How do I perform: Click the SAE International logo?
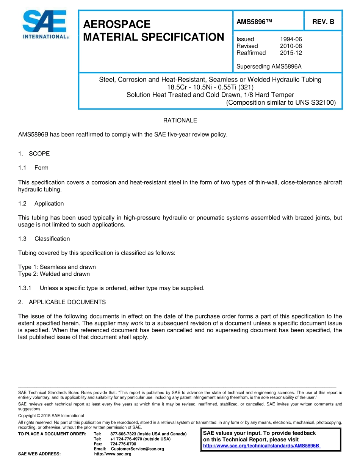click(x=45, y=25)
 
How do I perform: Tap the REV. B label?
click(x=323, y=22)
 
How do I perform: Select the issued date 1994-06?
click(x=291, y=39)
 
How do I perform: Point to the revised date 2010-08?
click(x=291, y=46)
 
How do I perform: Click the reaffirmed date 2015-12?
click(x=291, y=53)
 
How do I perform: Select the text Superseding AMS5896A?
click(x=269, y=67)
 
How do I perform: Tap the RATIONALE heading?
click(x=180, y=120)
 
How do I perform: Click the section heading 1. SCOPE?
click(x=34, y=154)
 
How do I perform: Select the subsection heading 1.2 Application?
click(x=41, y=204)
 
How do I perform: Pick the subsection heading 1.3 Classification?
click(x=44, y=239)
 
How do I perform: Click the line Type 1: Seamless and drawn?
click(x=57, y=267)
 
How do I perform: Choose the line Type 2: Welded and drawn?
click(x=54, y=274)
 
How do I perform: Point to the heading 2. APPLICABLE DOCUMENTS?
click(x=62, y=302)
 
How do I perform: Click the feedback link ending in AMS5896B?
click(x=261, y=446)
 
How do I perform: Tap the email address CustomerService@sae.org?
click(x=137, y=449)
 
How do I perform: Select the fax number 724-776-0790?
click(x=123, y=444)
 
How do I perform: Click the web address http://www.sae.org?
click(x=113, y=454)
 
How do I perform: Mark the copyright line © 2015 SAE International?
click(x=51, y=416)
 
